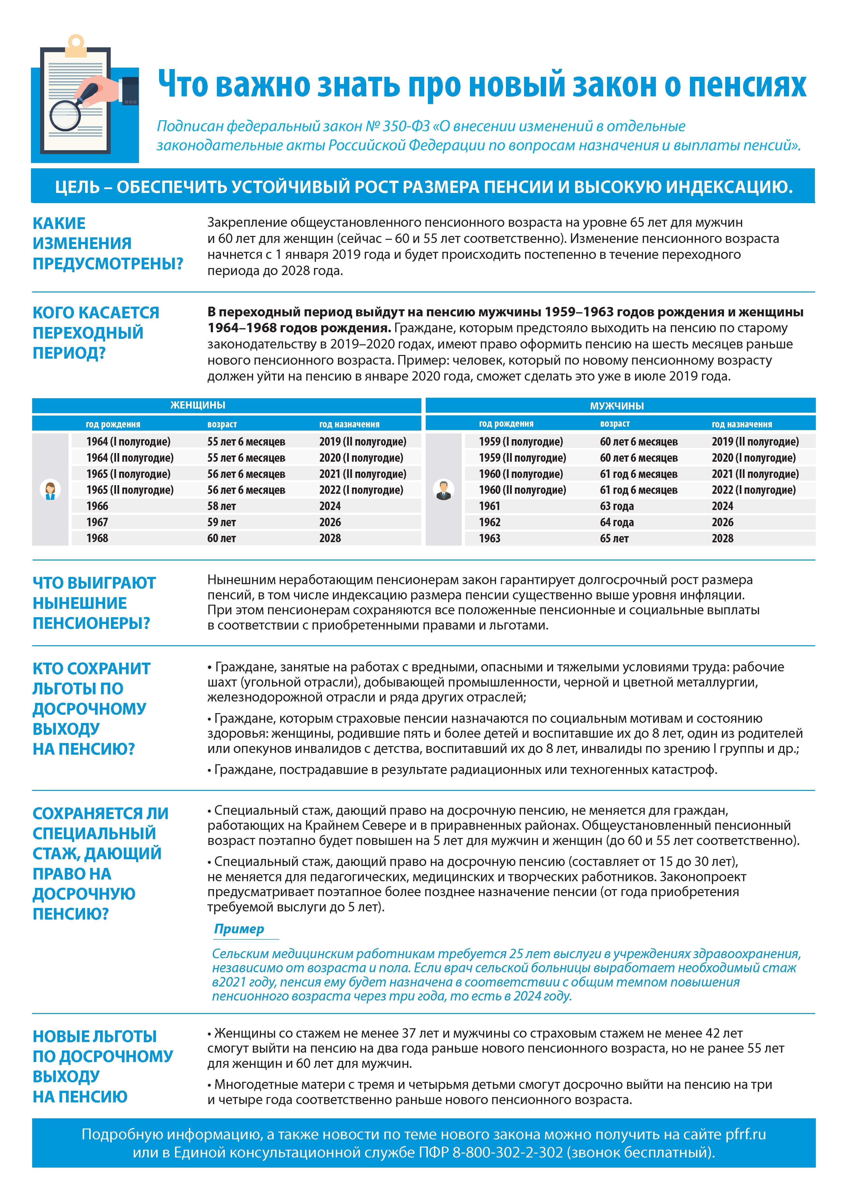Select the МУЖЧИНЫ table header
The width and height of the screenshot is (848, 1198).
point(617,405)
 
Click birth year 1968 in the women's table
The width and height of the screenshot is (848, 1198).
point(97,538)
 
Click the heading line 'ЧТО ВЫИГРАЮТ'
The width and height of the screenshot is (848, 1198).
point(94,583)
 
